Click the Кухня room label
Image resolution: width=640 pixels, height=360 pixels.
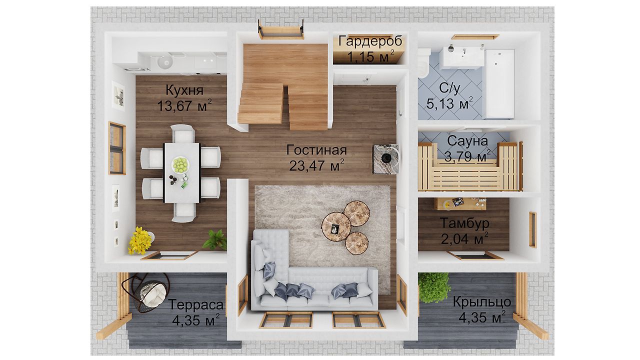[x=184, y=90]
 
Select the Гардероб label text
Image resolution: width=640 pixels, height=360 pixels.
[x=370, y=41]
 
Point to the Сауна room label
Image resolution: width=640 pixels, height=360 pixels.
[x=467, y=141]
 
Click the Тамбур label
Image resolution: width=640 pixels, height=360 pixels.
[x=464, y=223]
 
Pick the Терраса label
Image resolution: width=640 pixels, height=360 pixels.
[x=196, y=304]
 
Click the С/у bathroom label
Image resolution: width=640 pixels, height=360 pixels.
[x=449, y=88]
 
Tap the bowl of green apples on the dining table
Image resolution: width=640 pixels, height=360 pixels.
[x=180, y=165]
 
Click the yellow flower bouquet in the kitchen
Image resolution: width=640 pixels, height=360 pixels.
[x=139, y=240]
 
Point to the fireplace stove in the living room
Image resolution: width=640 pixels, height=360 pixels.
[x=386, y=159]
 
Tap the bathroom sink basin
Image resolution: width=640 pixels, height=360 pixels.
[x=461, y=57]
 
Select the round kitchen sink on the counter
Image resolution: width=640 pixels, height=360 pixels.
[x=165, y=62]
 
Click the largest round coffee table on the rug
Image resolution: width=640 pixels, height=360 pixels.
[x=336, y=227]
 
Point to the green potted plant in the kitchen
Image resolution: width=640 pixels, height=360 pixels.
[x=215, y=239]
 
